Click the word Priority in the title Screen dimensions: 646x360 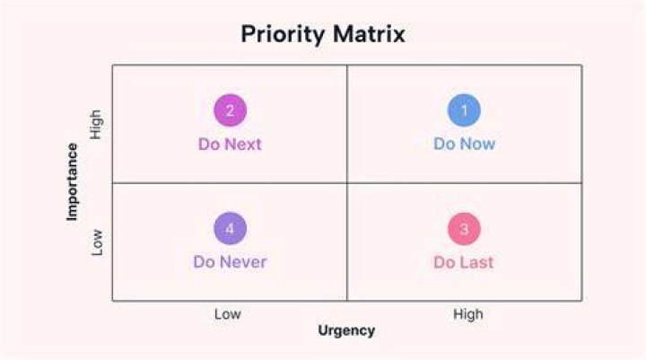point(283,34)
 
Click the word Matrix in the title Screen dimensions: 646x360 point(369,33)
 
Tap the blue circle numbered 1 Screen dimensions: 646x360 point(465,110)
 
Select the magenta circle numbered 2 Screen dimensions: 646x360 point(231,110)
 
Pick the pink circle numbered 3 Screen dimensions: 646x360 point(465,229)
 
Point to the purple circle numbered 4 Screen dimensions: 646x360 point(231,228)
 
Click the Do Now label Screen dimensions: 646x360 point(465,144)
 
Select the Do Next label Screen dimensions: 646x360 point(230,145)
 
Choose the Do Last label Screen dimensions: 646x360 point(464,262)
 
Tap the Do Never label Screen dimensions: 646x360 point(230,262)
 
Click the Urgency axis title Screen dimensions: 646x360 point(346,330)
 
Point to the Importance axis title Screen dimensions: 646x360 point(72,182)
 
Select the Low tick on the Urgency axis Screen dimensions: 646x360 point(227,314)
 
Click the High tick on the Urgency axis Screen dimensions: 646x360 point(468,314)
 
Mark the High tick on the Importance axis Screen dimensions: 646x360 point(96,125)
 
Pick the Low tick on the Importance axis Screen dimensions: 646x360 point(96,242)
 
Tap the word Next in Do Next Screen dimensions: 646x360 point(243,145)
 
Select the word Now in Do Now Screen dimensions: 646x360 point(477,144)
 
